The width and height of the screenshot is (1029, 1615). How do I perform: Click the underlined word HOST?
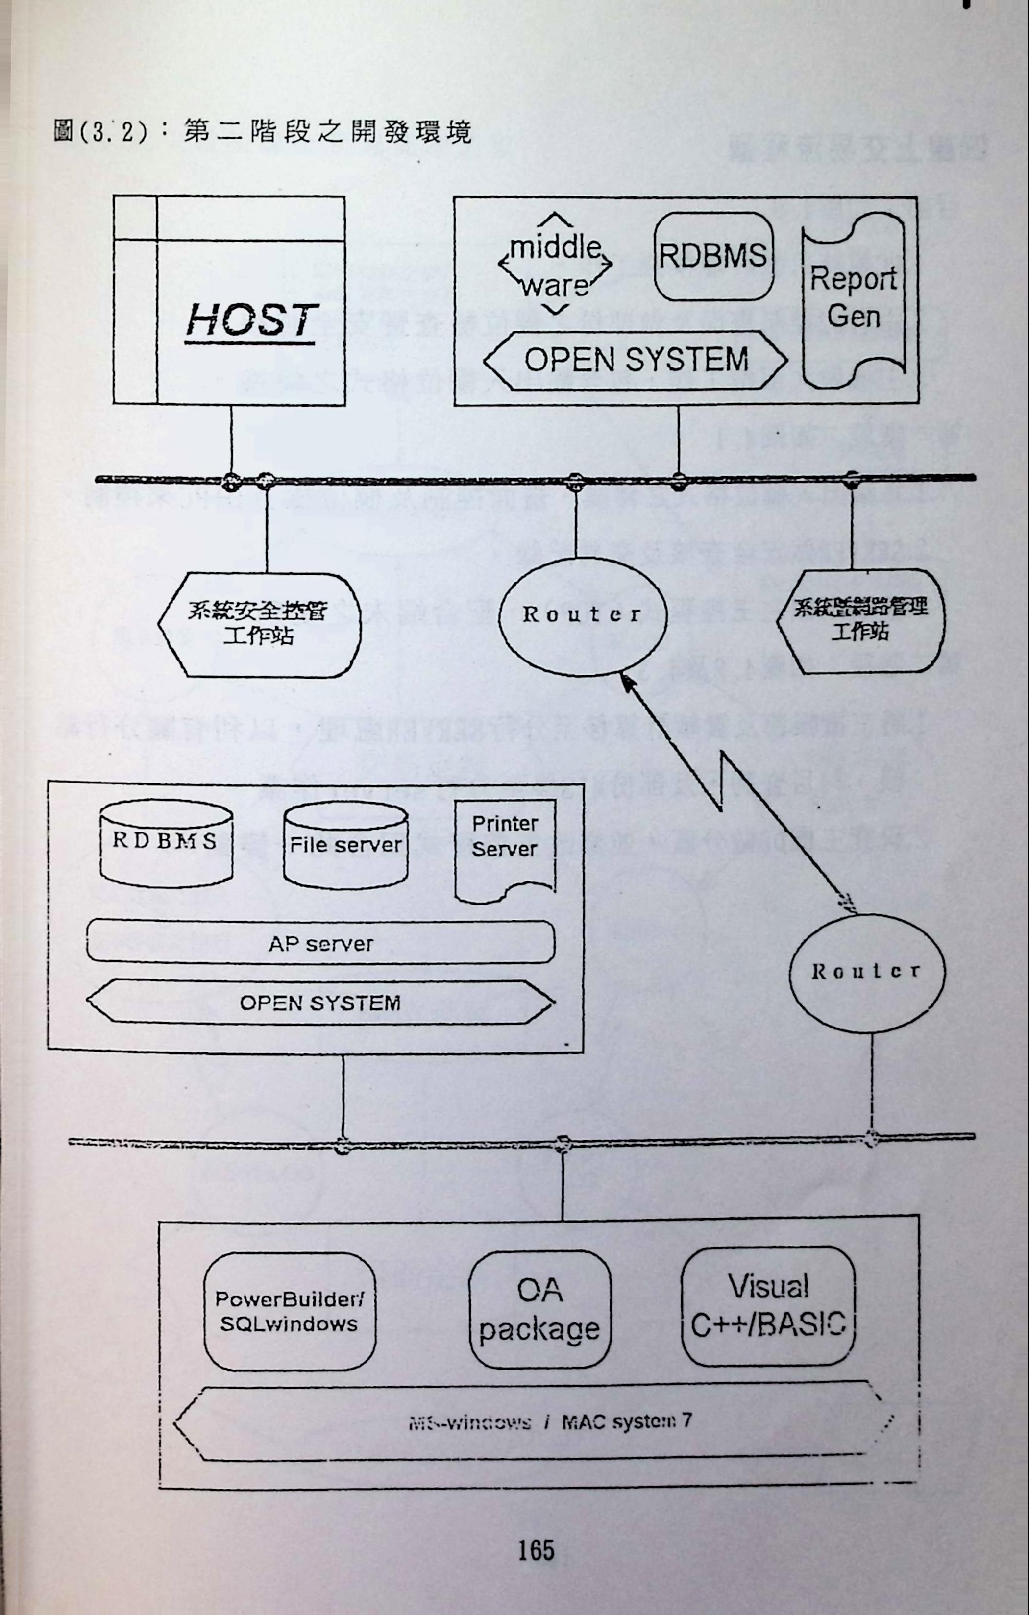250,320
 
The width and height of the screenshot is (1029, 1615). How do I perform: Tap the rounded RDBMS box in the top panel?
713,256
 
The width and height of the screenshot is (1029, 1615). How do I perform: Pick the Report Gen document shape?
853,298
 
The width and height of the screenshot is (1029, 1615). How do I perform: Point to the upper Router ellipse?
582,615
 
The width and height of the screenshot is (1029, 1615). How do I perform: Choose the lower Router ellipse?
866,972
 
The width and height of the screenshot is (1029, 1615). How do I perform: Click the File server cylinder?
345,846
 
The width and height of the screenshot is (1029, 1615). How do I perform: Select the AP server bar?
320,944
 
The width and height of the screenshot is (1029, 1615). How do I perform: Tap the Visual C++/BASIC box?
768,1306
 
